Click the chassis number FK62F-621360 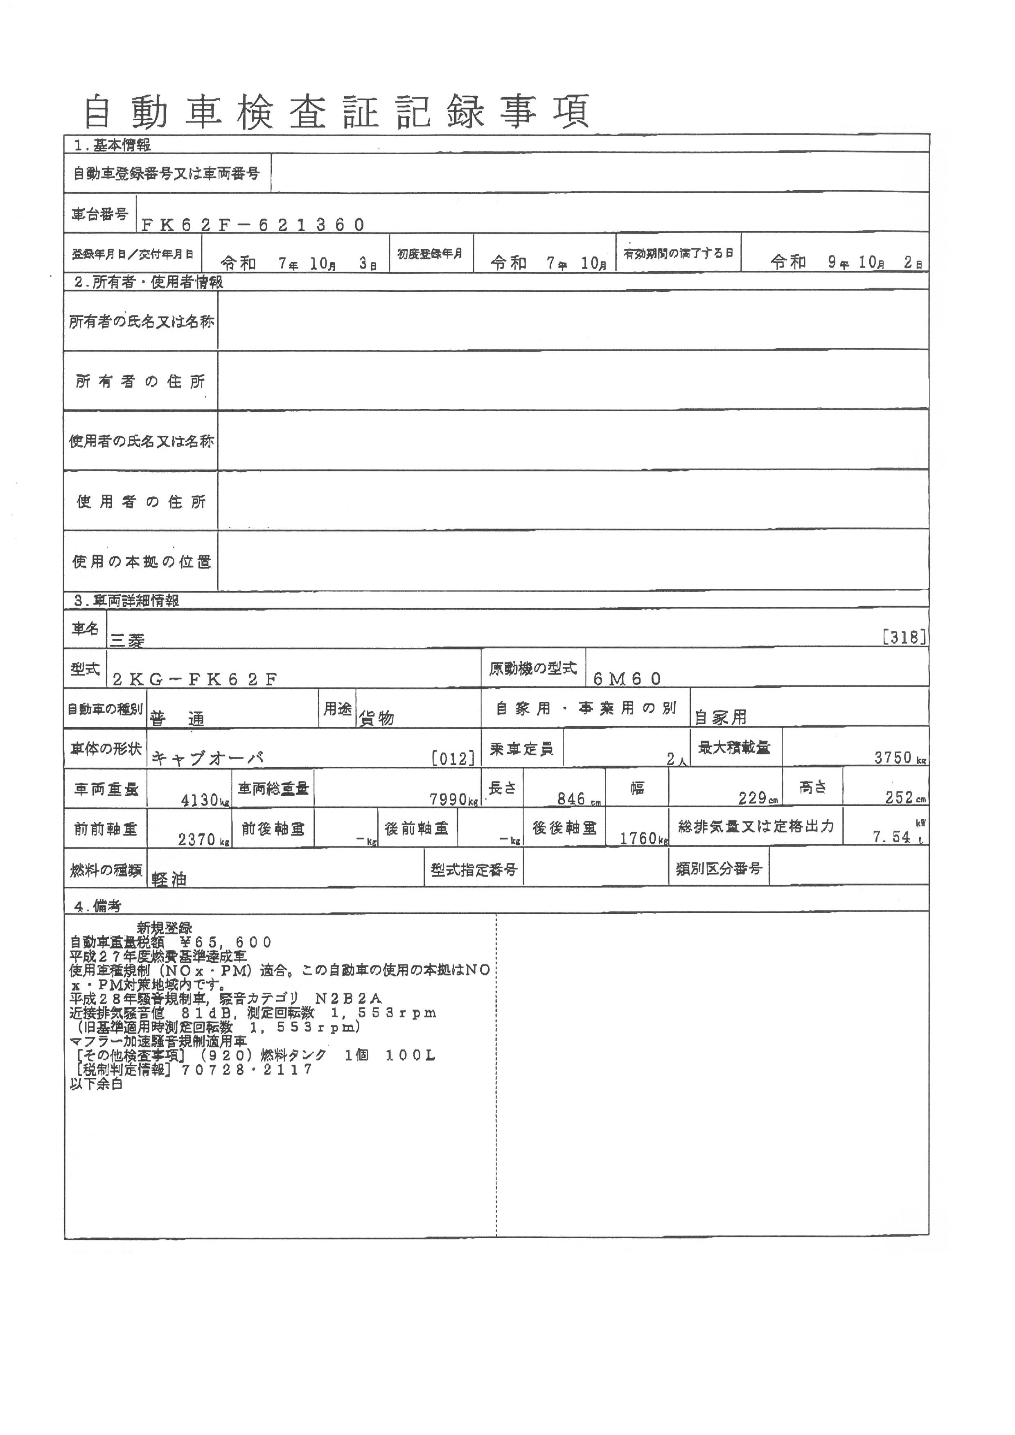click(253, 225)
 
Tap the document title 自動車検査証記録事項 click(336, 113)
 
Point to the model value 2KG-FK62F click(194, 679)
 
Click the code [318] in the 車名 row click(903, 638)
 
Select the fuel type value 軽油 click(169, 879)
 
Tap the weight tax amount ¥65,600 click(225, 942)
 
